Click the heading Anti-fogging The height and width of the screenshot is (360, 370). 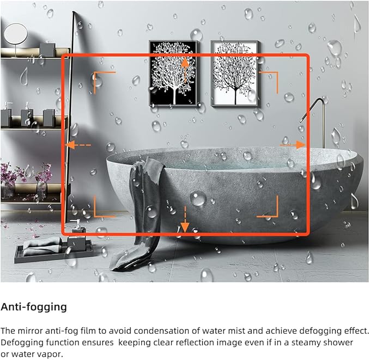click(x=34, y=307)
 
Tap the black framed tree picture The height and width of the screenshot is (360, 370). click(x=174, y=74)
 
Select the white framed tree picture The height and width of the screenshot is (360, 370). click(x=235, y=74)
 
